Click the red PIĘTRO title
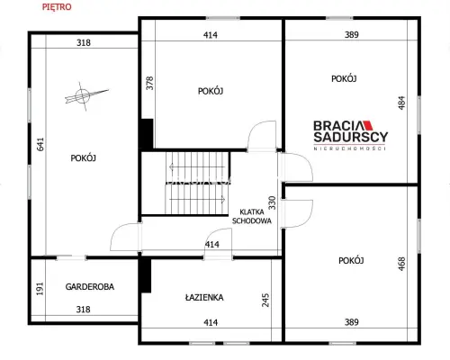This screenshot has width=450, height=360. point(57,7)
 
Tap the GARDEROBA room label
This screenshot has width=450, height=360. point(90,287)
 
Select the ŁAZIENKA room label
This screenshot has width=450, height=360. point(204,298)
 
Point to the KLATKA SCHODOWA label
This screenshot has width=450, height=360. point(252,216)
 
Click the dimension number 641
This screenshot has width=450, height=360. point(40,144)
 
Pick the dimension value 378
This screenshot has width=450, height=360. point(149,83)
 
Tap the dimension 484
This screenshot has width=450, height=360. point(401,103)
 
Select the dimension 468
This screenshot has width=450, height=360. point(401,264)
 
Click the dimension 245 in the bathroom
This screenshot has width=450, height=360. point(265,300)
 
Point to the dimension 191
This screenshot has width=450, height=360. point(40,289)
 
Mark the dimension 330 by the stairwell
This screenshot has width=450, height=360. point(272,202)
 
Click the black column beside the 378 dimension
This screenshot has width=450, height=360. point(148,133)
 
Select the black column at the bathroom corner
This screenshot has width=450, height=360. point(146,275)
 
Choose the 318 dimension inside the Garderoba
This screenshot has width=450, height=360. point(83,310)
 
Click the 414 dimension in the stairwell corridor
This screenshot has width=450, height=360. point(212,245)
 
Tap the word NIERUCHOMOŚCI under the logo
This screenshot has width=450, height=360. point(350,148)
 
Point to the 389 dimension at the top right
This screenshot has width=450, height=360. point(352,35)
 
